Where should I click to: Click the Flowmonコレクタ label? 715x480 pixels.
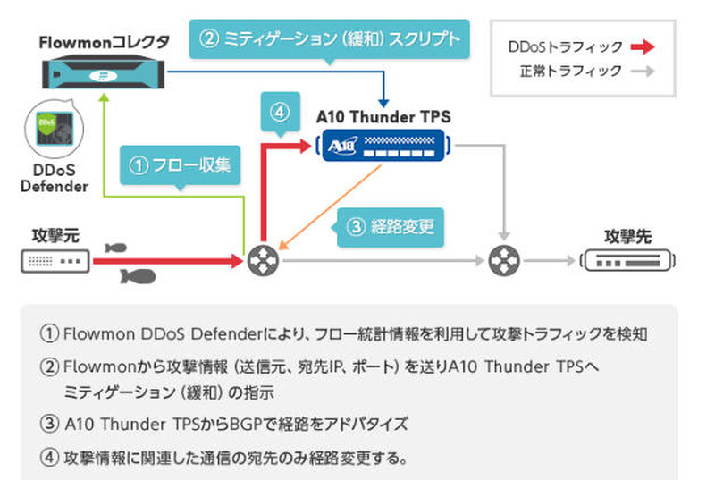[x=105, y=42]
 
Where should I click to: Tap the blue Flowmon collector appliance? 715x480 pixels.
[x=105, y=72]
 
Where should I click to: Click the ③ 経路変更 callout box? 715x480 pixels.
[x=390, y=226]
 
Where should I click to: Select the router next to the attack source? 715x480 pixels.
[x=263, y=261]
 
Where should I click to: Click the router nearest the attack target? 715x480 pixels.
[x=505, y=261]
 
